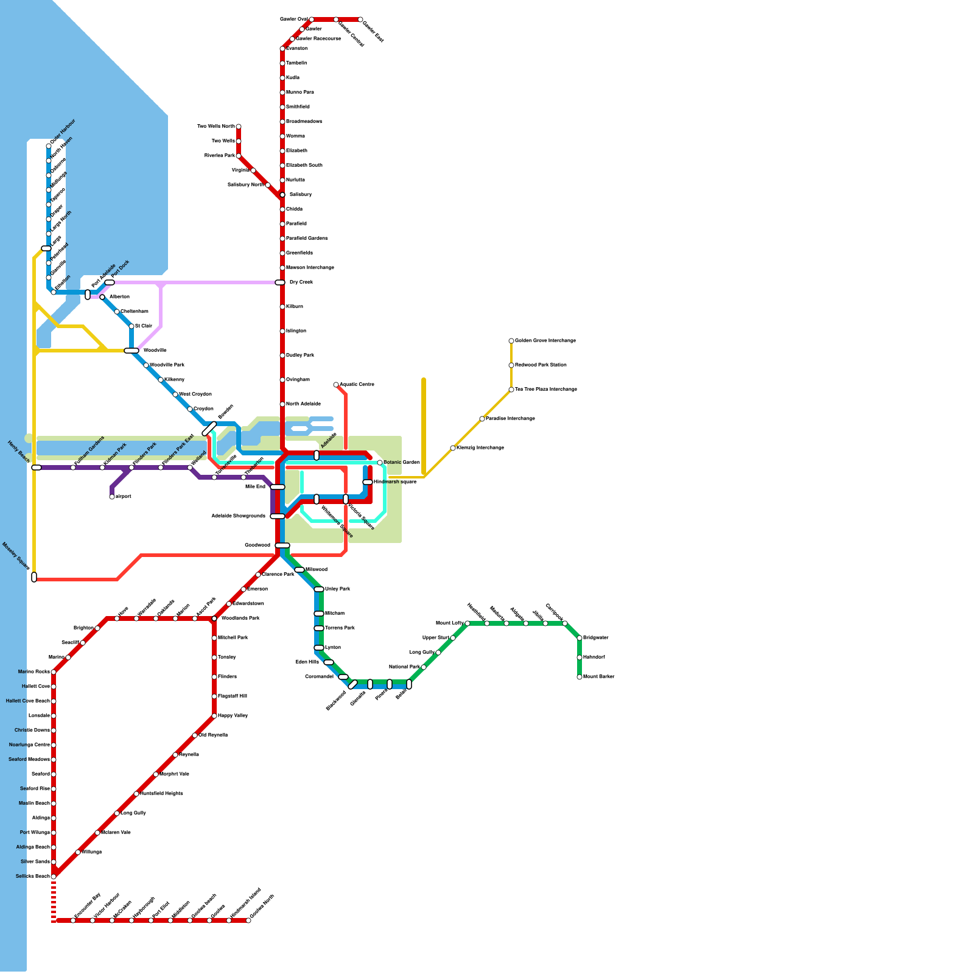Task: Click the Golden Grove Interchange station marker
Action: click(x=511, y=341)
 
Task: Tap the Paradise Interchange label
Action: click(x=510, y=419)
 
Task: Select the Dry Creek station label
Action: click(x=301, y=282)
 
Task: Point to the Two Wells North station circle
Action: click(x=239, y=127)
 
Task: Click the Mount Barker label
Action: click(x=598, y=677)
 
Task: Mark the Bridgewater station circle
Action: click(x=580, y=638)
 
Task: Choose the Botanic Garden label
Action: click(x=402, y=463)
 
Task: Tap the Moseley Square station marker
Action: click(x=34, y=577)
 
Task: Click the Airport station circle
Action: click(x=112, y=497)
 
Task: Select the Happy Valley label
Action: click(x=233, y=716)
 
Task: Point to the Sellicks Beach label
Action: click(x=33, y=877)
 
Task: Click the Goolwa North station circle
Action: click(x=248, y=920)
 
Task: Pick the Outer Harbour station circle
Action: click(x=49, y=146)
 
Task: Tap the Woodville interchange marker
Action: click(x=131, y=351)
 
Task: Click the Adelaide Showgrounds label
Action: click(x=239, y=516)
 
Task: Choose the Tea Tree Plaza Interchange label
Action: click(x=545, y=390)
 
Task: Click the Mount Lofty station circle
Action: click(x=468, y=623)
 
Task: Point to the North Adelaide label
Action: click(x=303, y=404)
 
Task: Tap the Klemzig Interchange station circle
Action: click(x=453, y=448)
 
